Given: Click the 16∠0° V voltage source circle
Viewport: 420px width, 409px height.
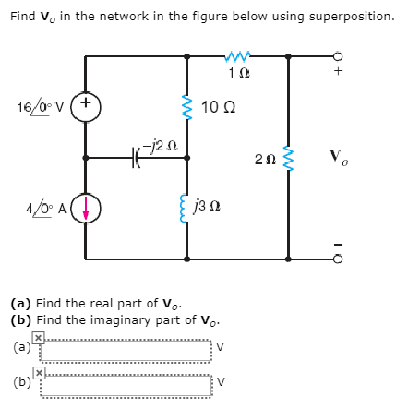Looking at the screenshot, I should click(86, 106).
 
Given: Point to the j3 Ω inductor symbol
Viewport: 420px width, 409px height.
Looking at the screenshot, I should click(188, 209).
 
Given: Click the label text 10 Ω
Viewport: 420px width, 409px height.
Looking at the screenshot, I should click(217, 107).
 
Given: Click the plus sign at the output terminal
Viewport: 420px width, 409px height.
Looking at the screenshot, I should click(339, 70).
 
